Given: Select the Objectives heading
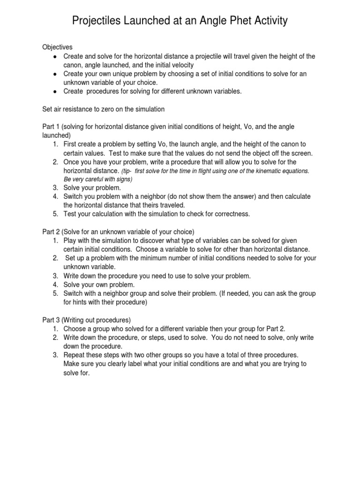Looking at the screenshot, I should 58,47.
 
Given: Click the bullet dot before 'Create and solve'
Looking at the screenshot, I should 55,56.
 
